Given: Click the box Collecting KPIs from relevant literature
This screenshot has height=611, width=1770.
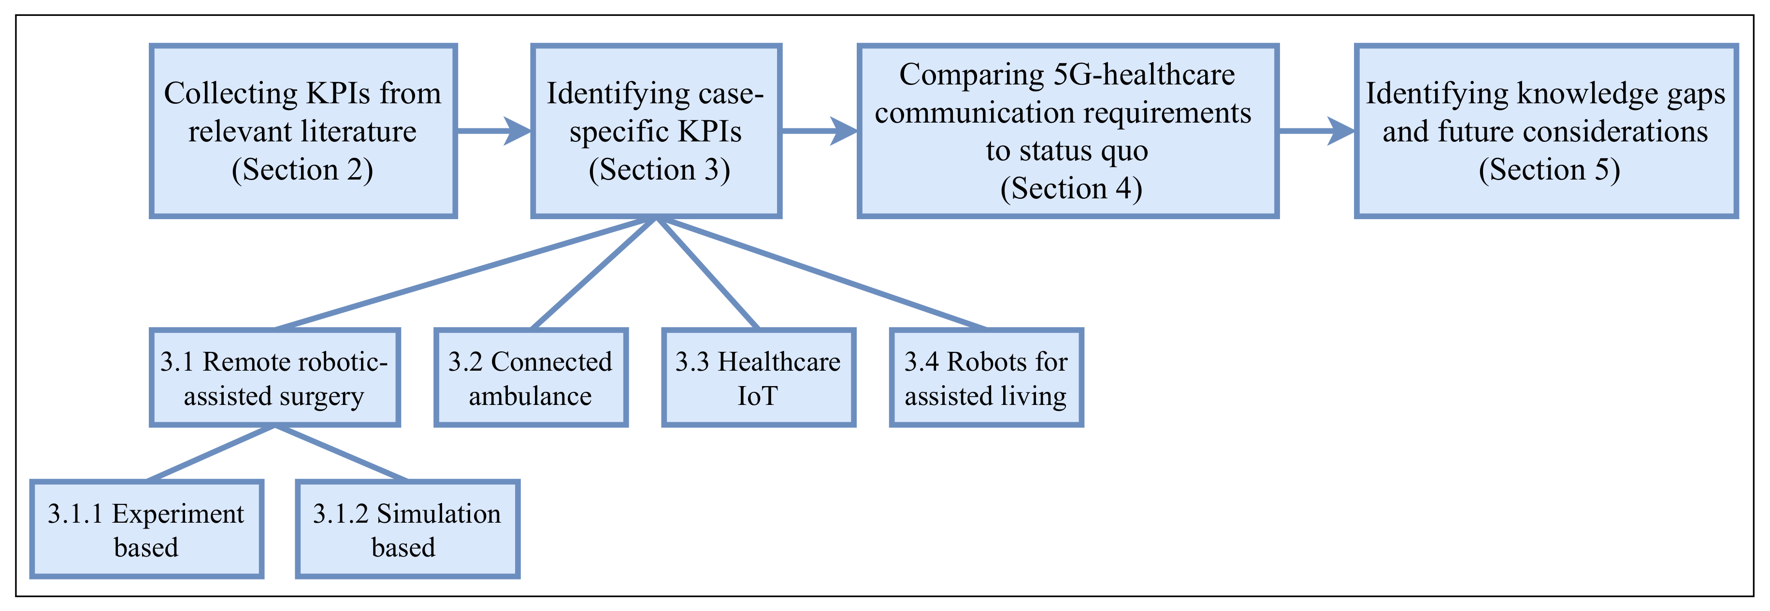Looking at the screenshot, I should click(303, 131).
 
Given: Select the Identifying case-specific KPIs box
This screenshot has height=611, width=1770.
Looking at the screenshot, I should click(656, 131).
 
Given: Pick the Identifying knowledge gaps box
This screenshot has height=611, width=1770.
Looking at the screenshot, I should click(1546, 131).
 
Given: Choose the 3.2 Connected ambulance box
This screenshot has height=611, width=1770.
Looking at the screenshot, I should click(531, 377).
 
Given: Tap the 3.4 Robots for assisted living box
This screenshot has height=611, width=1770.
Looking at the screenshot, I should click(986, 377).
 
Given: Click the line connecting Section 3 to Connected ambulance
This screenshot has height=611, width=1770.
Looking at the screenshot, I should click(594, 273).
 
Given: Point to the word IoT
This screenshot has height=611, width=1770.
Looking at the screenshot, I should click(757, 397).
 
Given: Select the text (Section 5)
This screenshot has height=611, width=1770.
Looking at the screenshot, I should click(1549, 169).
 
